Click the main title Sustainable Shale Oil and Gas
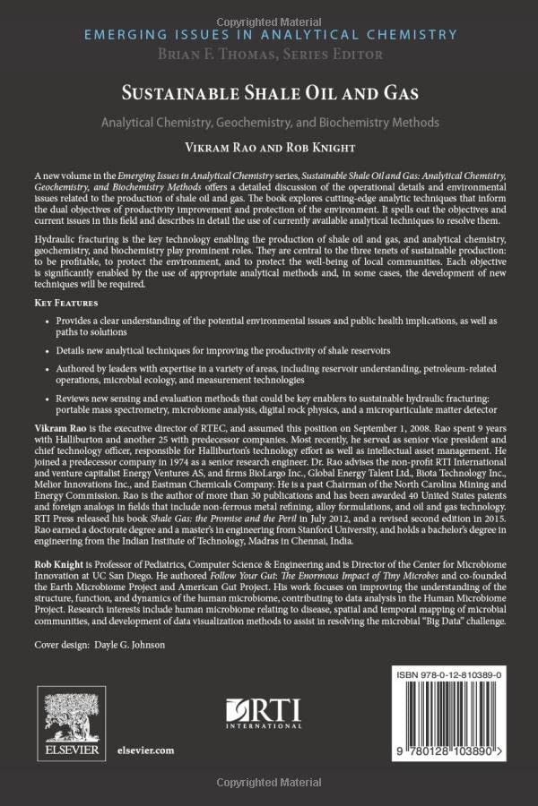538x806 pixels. click(268, 92)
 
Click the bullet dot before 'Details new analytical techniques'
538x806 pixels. click(60, 347)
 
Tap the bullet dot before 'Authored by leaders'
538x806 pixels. click(60, 367)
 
